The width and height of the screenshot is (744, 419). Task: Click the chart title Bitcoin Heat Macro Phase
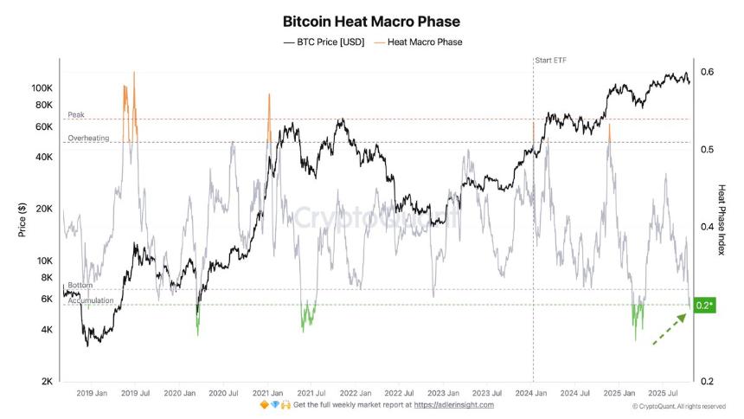click(371, 21)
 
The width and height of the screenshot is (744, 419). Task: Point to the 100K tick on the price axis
click(42, 88)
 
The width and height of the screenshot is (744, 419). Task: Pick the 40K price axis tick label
click(43, 158)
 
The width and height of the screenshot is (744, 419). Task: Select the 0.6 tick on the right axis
click(707, 72)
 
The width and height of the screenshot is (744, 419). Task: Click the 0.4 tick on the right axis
click(707, 227)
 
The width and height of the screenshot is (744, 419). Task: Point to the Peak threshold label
click(77, 114)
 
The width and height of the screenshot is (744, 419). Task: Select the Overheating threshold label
click(88, 138)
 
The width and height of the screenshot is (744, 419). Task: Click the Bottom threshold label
click(80, 285)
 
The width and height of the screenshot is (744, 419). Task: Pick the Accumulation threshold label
click(90, 300)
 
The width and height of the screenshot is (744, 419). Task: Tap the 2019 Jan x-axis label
click(91, 392)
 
